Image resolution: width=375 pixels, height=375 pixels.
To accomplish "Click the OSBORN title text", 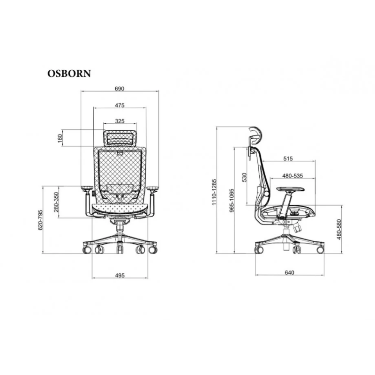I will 69,74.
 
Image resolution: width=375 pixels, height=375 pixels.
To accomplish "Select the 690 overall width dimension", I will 120,88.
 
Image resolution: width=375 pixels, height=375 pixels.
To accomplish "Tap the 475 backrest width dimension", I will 120,105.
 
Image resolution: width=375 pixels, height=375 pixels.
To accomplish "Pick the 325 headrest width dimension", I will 120,121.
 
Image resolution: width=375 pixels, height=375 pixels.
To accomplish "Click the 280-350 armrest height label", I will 57,202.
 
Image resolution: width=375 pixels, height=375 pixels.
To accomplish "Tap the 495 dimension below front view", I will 120,276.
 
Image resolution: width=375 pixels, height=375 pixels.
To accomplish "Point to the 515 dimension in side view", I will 288,159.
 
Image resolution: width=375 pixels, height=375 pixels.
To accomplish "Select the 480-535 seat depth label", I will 292,176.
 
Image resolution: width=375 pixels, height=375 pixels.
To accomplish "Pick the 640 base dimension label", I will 289,273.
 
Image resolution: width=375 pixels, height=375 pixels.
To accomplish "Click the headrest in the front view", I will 120,138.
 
